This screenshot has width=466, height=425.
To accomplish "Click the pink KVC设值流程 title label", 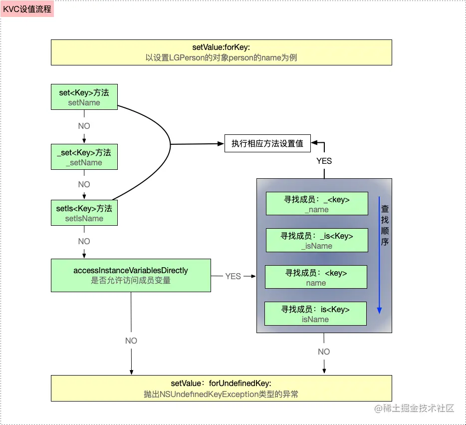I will tap(27, 9).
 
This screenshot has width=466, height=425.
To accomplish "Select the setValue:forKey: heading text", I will tap(221, 47).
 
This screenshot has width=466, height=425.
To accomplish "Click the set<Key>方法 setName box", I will tap(84, 97).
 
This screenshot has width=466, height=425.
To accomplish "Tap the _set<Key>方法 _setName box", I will tap(84, 157).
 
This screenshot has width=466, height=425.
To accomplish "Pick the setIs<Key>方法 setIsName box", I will tap(84, 213).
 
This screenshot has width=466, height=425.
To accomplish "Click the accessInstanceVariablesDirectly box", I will tap(131, 275).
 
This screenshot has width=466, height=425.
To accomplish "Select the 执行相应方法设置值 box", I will tap(267, 144).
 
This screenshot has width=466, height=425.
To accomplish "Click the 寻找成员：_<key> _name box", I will tap(316, 204).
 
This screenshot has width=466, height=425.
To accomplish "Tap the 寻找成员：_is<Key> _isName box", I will tap(316, 240).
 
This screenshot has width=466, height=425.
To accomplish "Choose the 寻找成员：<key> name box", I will tap(316, 277).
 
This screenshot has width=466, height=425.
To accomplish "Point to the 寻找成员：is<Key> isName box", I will tap(315, 314).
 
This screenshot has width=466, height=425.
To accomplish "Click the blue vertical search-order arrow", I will tap(379, 255).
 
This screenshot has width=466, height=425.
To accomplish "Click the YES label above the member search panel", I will tap(324, 161).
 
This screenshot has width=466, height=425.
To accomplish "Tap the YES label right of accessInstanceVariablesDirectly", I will tap(233, 276).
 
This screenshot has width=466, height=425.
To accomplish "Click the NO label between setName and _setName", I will tap(84, 126).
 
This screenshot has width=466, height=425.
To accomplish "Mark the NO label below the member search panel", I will tap(324, 352).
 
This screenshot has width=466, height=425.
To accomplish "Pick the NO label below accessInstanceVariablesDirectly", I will tap(131, 341).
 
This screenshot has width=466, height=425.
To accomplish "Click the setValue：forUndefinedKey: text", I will tap(221, 383).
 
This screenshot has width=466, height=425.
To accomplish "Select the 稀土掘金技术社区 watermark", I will tap(414, 409).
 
